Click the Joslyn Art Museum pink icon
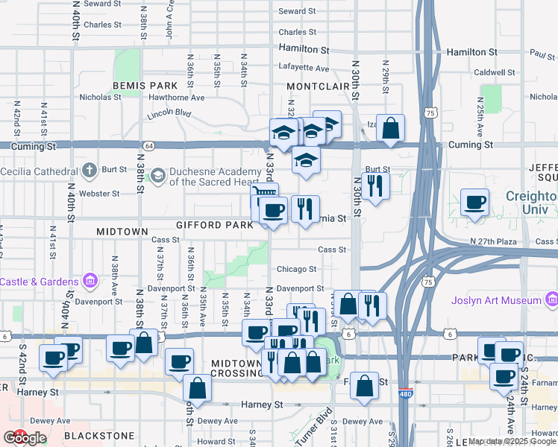pos(551,300)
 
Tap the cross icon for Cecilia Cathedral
pos(89,169)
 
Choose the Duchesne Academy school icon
pos(158,175)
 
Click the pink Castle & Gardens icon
pos(90,282)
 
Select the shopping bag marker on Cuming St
pos(390,129)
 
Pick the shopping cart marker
pos(264,196)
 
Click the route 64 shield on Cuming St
pos(149,146)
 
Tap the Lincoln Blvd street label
pos(169,113)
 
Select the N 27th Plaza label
pos(493,242)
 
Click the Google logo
pos(25,438)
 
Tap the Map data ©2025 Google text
pos(511,441)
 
